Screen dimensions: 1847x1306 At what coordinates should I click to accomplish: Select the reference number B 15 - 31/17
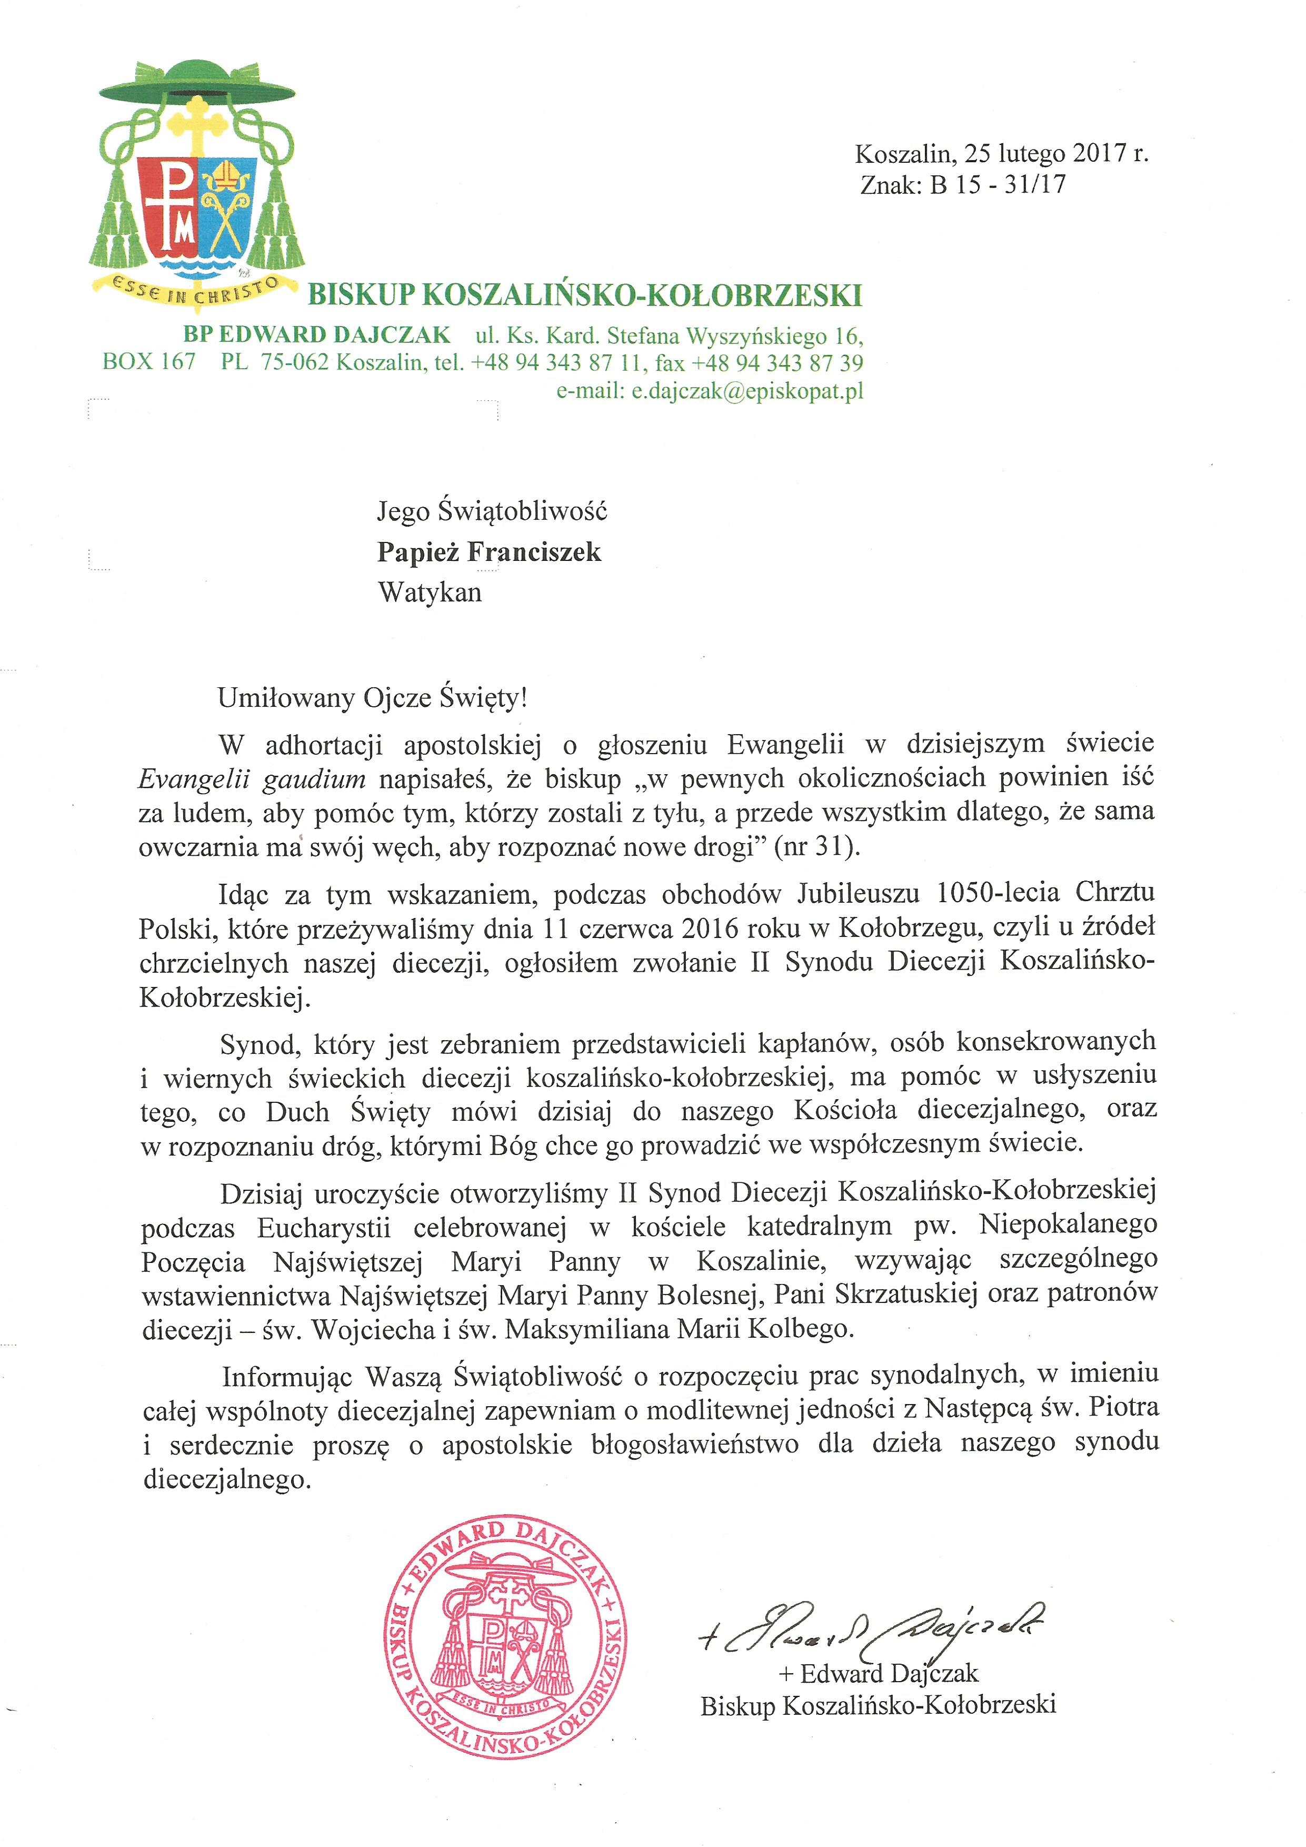coord(997,185)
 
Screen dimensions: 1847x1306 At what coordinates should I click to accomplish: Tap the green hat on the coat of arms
coord(197,84)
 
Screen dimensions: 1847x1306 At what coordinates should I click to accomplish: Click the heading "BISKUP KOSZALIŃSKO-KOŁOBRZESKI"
coord(585,295)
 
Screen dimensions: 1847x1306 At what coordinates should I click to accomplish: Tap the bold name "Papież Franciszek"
coord(489,552)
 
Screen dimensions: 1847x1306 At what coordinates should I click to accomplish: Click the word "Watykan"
coord(430,593)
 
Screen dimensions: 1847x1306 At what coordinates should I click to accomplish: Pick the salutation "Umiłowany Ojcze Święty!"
coord(372,697)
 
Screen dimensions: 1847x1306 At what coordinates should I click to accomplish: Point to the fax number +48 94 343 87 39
coord(777,363)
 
